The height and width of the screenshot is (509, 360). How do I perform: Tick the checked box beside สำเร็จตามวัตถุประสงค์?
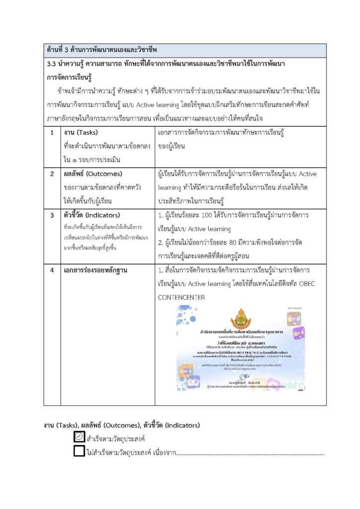(x=79, y=437)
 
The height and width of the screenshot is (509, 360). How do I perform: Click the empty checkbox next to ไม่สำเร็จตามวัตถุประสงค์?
(x=79, y=451)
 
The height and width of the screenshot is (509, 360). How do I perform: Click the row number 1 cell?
(x=52, y=133)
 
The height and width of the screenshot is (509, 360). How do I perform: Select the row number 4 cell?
(x=52, y=270)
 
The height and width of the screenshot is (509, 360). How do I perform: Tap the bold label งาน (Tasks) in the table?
(x=81, y=133)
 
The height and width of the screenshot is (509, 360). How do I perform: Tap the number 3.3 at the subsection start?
(x=51, y=65)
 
